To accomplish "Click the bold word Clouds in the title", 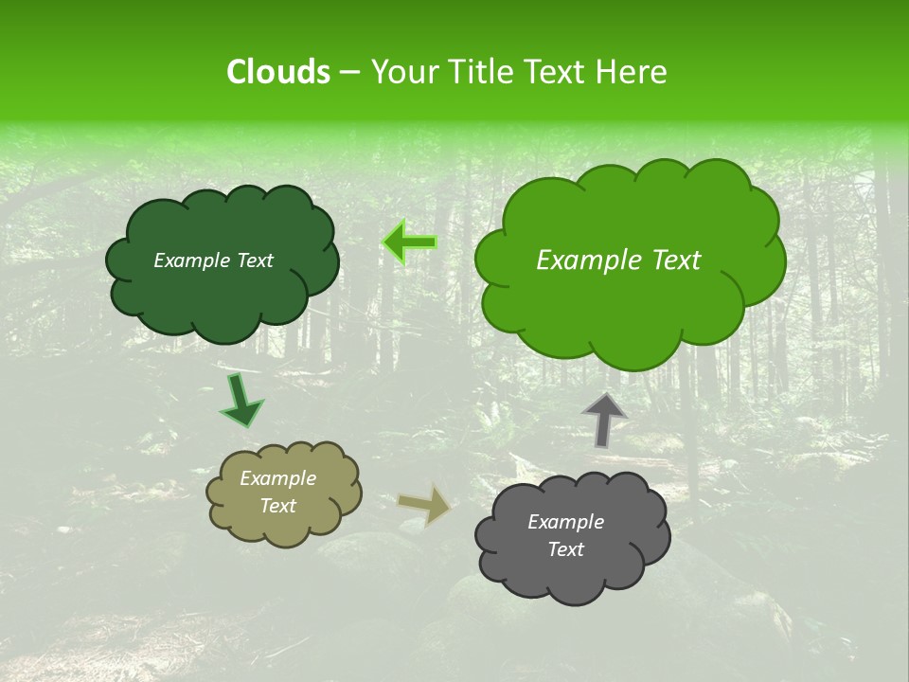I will coord(277,72).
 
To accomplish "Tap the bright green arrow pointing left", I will coord(409,242).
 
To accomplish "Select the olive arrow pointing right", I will coord(424,504).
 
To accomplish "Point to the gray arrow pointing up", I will coord(604,420).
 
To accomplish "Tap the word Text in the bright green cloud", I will coord(668,260).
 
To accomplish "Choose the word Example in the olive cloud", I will coord(277,478).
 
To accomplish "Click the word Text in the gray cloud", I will coord(565,549).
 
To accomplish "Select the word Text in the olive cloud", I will coord(277,506).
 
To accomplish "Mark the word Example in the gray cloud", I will coord(565,522).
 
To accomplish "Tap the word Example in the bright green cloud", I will coord(582,260).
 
